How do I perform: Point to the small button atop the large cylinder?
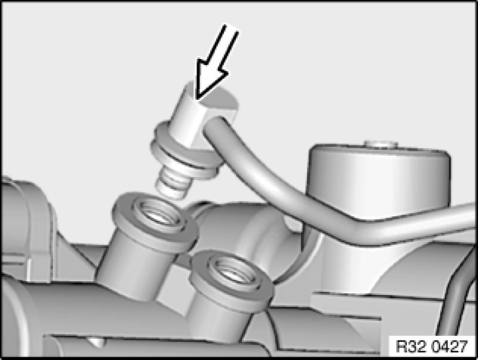pos(381,144)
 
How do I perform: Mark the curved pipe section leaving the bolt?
pos(256,164)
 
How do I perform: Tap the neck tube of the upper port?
pos(134,268)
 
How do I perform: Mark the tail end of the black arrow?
pos(232,28)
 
